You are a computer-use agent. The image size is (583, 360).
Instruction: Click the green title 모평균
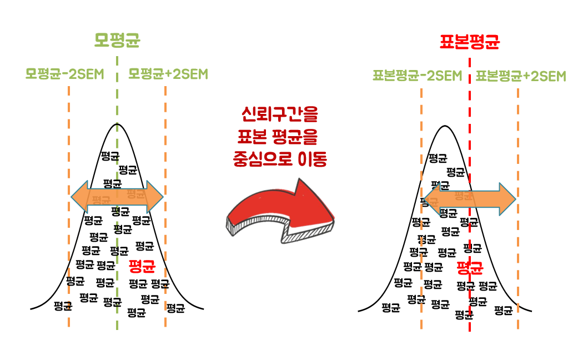pos(117,41)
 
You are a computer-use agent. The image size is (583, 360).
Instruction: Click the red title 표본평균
pos(469,42)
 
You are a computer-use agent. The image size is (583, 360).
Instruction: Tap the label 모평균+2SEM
pos(168,74)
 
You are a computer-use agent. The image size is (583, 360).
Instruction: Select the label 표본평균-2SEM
pos(417,76)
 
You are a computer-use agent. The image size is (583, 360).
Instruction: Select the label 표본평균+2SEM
pos(521,76)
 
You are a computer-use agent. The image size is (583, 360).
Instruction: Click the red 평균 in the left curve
pos(141,266)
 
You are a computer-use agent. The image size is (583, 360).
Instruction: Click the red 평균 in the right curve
pos(470,269)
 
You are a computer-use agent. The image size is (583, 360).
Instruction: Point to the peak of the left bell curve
pos(117,124)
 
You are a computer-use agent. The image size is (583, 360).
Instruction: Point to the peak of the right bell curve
pos(444,126)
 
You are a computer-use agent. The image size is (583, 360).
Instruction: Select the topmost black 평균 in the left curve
pos(109,156)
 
